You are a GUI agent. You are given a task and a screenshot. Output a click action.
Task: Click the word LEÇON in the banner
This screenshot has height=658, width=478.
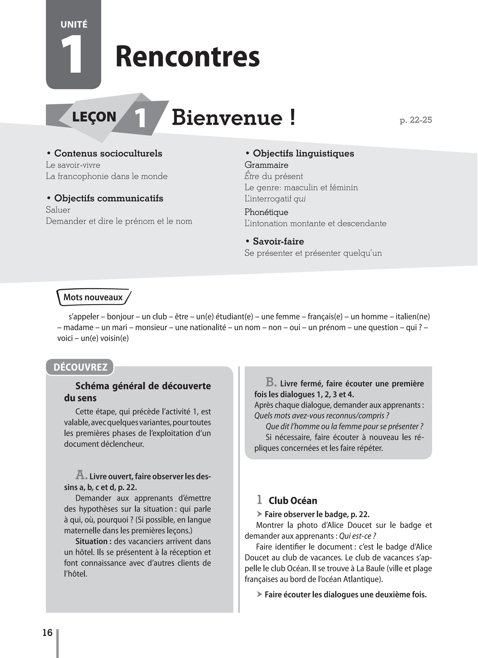coord(94,117)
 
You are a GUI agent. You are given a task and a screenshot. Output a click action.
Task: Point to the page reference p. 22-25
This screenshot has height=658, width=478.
coord(416,120)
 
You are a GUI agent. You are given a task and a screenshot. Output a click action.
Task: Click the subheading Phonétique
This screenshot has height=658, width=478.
coord(266,212)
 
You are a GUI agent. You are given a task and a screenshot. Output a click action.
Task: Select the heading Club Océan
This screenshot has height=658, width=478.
coord(293,500)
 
